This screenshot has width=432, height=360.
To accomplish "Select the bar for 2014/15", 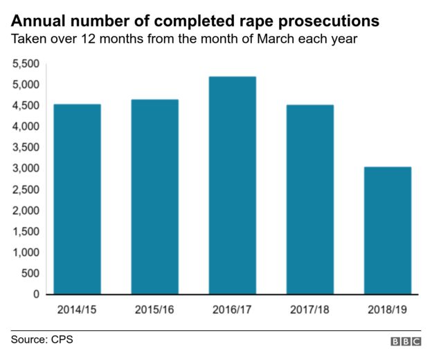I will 77,199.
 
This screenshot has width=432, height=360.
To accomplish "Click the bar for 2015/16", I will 154,197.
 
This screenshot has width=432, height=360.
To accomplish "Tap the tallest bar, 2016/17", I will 232,186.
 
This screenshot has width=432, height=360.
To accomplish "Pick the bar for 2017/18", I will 309,199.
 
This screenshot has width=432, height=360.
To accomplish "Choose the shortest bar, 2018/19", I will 387,231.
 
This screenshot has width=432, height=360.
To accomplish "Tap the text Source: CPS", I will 42,339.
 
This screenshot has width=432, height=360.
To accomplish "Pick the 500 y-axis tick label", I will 30,273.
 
